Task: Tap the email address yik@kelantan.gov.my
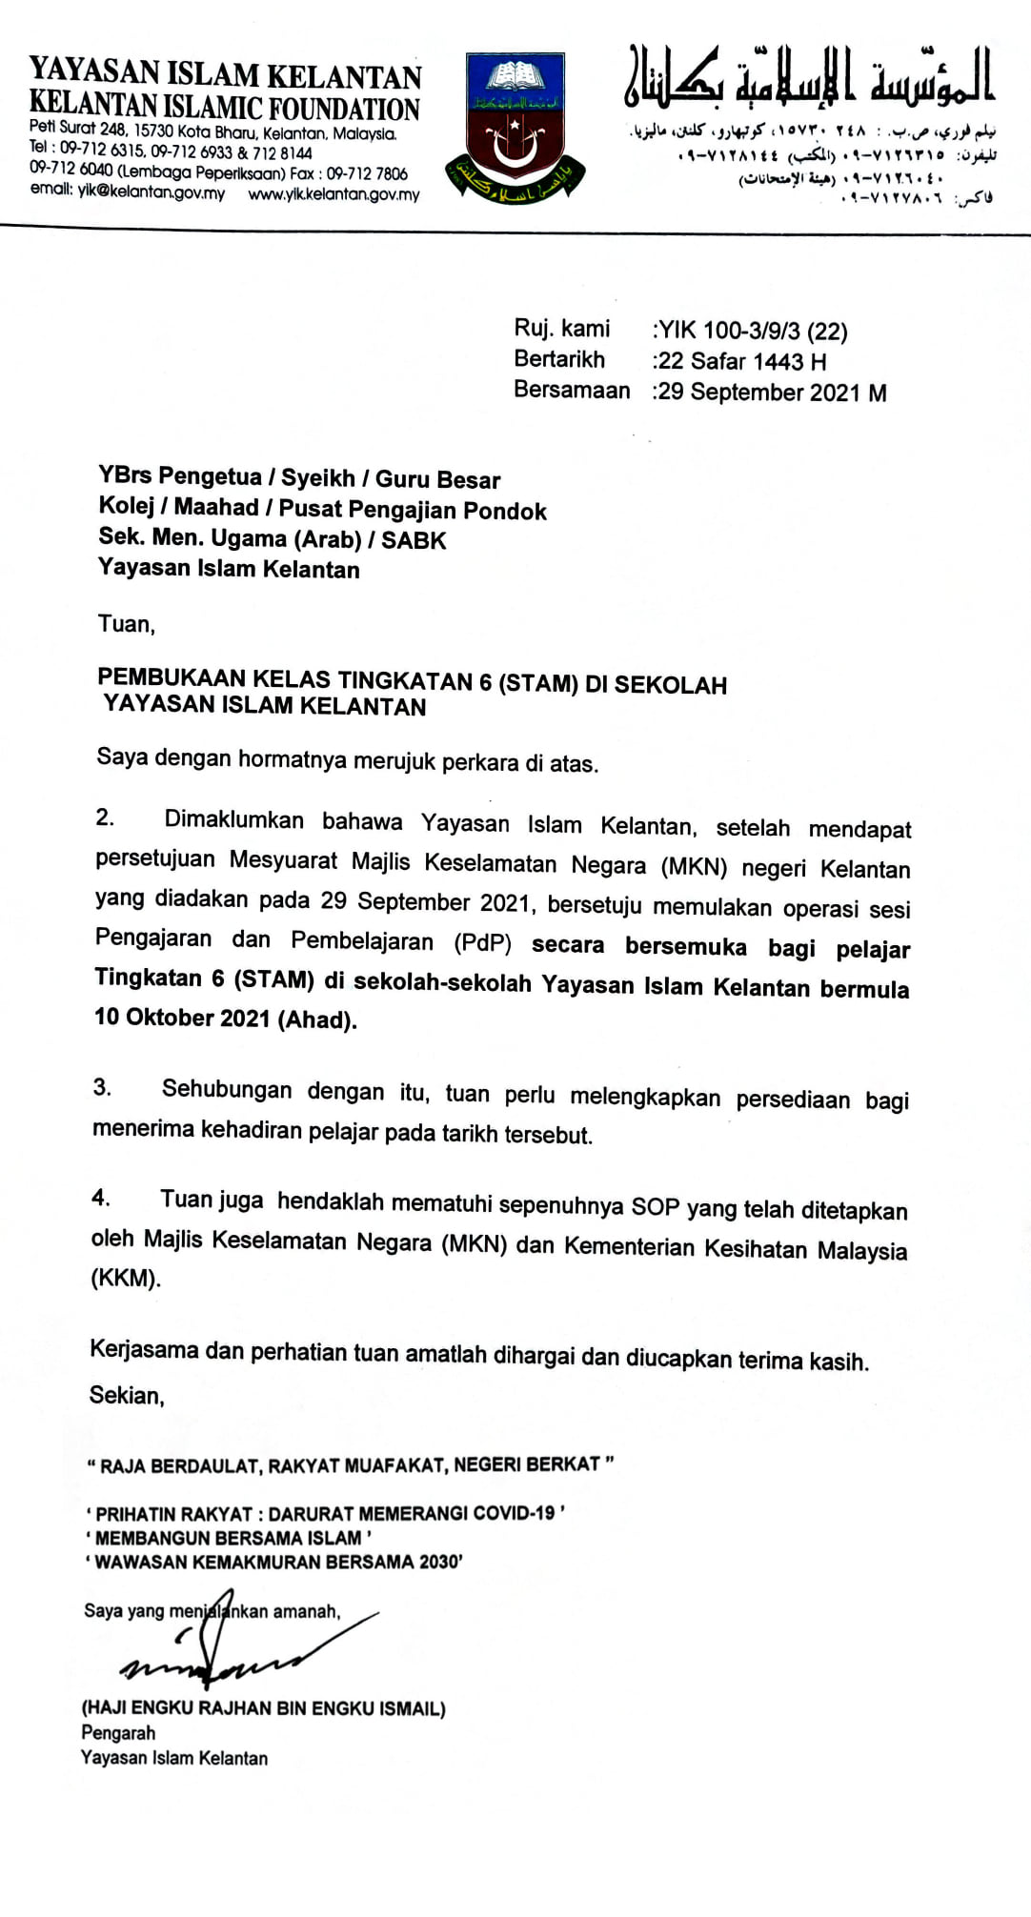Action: click(152, 192)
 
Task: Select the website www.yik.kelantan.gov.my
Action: click(334, 194)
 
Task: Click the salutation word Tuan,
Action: click(127, 624)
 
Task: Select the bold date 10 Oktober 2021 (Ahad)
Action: click(225, 1018)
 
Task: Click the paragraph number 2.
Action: click(105, 817)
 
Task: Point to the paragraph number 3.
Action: click(102, 1087)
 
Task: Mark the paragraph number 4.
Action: click(101, 1198)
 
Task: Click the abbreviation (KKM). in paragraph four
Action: click(126, 1279)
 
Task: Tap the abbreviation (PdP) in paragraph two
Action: click(482, 942)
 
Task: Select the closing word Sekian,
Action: click(127, 1396)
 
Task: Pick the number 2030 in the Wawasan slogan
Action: click(436, 1562)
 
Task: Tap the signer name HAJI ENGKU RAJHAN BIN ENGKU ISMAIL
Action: click(264, 1708)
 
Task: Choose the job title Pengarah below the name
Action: click(118, 1733)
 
